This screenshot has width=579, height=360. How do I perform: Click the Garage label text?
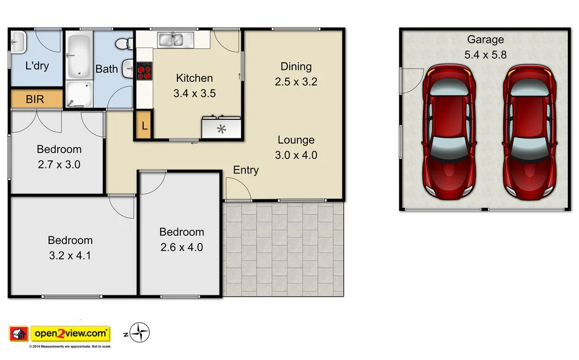click(x=485, y=40)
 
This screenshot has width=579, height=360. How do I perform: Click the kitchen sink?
click(x=175, y=40)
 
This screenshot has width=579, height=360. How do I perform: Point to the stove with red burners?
click(x=145, y=71)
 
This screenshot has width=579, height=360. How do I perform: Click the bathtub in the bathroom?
click(x=79, y=56)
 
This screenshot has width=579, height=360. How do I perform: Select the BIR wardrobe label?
click(x=35, y=99)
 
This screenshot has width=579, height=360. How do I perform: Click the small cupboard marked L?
click(x=144, y=126)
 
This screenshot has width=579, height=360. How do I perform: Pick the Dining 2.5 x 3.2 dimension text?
click(x=296, y=81)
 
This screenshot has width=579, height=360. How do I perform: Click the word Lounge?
click(x=296, y=140)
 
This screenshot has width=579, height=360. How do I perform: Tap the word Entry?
click(x=246, y=170)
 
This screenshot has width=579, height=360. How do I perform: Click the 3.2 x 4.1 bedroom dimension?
click(x=70, y=255)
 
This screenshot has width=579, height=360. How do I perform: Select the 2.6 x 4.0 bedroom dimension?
click(x=182, y=247)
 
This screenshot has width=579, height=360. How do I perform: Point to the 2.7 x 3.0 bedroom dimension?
click(x=59, y=165)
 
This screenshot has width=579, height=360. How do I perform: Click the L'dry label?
click(x=37, y=66)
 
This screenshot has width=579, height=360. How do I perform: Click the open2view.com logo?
click(x=70, y=333)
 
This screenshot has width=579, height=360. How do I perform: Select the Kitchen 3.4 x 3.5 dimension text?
click(x=195, y=93)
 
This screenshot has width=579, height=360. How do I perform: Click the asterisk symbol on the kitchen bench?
click(x=222, y=129)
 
